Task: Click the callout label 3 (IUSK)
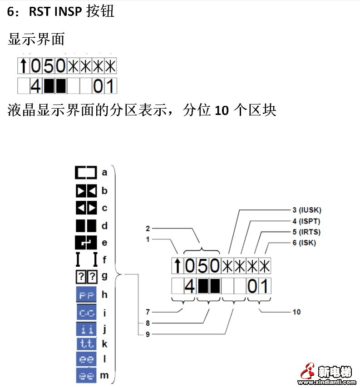tap(306, 210)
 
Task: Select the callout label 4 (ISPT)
tap(306, 221)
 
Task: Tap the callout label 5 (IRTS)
tap(306, 232)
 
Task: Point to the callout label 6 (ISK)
tap(304, 243)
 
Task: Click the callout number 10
tap(296, 312)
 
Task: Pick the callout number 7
tap(148, 312)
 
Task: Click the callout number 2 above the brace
tap(148, 228)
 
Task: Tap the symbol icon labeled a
tap(86, 173)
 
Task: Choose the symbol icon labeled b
tap(86, 191)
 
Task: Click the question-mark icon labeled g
tap(86, 276)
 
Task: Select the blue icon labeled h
tap(86, 295)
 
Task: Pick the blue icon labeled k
tap(86, 344)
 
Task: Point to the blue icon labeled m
tap(86, 376)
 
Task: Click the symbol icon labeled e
tap(86, 243)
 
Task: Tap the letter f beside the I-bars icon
tap(105, 260)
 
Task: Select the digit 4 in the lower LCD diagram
tap(190, 286)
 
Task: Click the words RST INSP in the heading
tap(56, 11)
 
